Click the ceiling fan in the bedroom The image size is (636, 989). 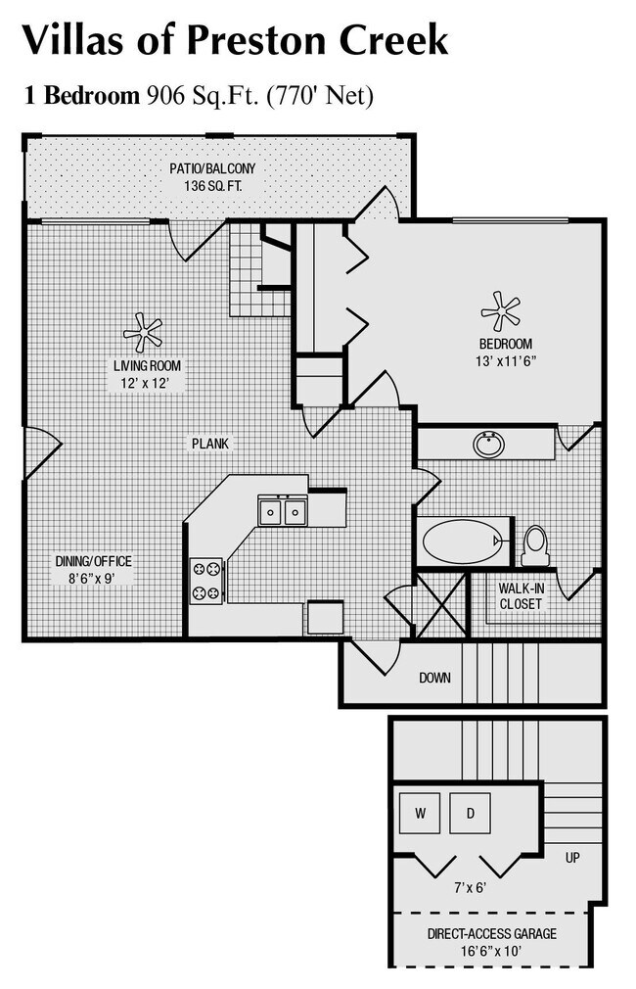501,310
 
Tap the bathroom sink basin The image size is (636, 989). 488,445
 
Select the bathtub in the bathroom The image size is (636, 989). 460,541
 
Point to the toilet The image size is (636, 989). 535,544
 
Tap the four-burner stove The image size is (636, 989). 206,579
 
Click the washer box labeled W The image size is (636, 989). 420,812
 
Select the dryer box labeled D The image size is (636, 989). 470,812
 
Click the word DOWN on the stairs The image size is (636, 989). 434,678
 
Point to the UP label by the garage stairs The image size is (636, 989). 572,858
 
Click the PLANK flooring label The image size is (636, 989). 209,444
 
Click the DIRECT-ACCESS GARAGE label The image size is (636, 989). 492,934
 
